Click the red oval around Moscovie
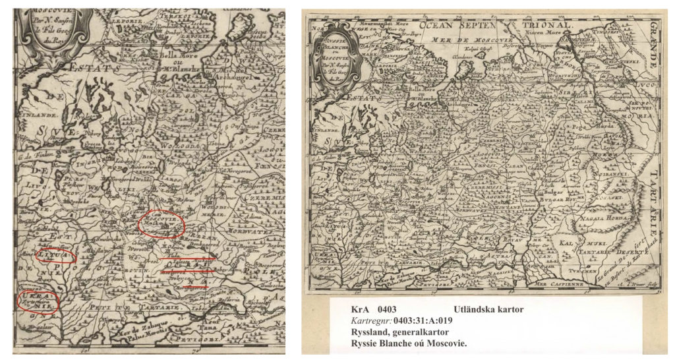pos(162,224)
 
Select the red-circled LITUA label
pos(54,254)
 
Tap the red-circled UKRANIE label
pos(38,301)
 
